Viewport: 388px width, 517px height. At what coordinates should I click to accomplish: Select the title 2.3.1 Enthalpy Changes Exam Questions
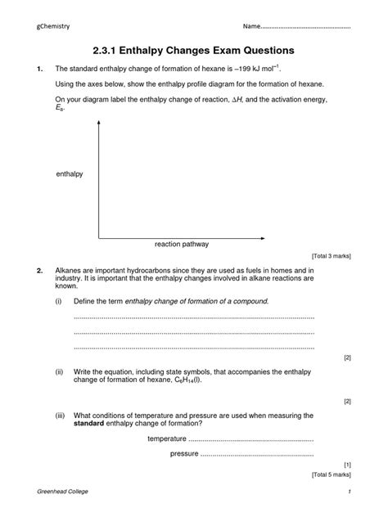click(194, 51)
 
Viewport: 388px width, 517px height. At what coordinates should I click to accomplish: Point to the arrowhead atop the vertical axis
click(98, 124)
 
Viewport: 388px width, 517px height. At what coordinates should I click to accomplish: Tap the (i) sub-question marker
click(59, 301)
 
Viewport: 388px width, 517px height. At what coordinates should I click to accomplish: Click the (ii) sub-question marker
click(60, 371)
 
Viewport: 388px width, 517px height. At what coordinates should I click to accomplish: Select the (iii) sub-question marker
click(61, 416)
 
